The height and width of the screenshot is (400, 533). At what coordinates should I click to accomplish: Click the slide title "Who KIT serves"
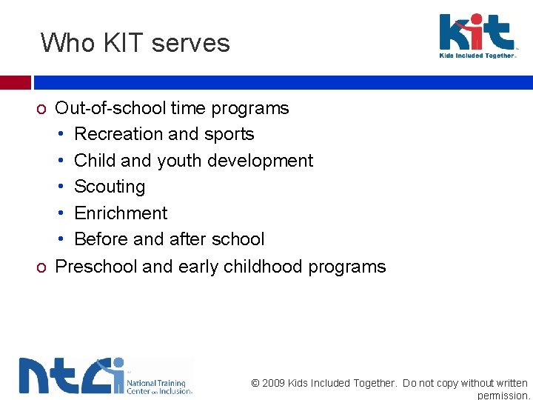pos(135,43)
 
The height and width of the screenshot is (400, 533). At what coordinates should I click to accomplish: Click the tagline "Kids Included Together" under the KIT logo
pos(477,56)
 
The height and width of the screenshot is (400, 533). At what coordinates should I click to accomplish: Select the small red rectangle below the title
pos(15,82)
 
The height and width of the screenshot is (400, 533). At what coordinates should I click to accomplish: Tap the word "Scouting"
pos(110,187)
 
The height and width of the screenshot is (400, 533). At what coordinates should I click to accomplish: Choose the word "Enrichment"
pos(121,213)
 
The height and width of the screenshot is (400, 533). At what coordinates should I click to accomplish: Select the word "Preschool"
pos(96,267)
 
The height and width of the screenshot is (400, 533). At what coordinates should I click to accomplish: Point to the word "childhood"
pos(262,267)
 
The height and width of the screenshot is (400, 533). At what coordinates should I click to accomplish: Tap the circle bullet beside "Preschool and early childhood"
pos(42,267)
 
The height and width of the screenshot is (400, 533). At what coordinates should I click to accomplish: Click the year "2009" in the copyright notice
pos(275,383)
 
